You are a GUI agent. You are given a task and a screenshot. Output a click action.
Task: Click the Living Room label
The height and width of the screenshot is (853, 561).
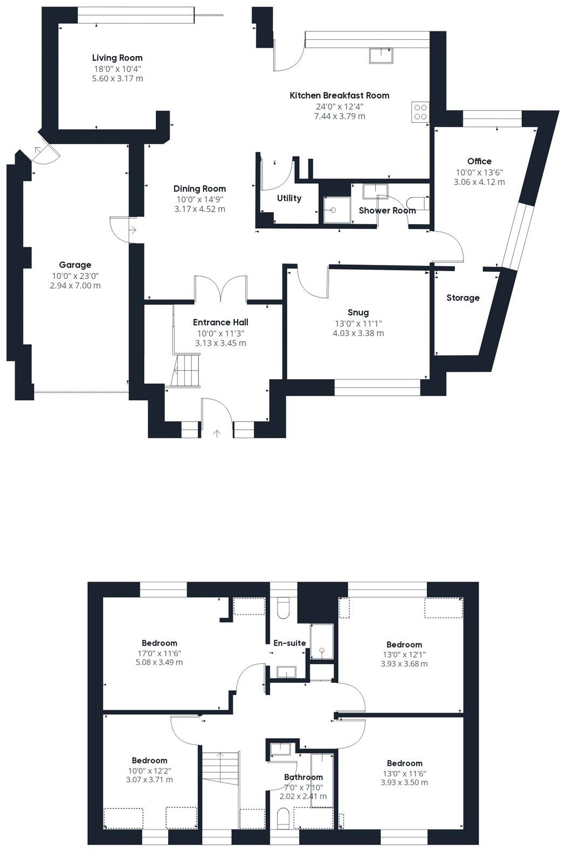117,58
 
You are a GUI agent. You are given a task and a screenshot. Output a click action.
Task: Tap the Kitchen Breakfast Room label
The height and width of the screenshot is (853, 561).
339,96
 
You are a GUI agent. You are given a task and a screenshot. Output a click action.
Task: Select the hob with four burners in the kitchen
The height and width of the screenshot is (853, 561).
420,111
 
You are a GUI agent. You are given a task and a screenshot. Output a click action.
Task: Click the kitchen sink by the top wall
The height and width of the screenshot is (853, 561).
381,55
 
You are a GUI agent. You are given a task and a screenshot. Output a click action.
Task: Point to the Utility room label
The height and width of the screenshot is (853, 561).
289,199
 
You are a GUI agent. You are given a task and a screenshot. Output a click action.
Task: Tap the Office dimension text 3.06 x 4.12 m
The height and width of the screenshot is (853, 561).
479,182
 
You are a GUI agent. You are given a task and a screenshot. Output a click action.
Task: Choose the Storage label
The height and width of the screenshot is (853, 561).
462,298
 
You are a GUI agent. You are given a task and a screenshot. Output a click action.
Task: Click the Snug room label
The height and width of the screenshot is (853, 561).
358,313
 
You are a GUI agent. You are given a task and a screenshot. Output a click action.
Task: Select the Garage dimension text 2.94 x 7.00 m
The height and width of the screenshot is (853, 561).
75,285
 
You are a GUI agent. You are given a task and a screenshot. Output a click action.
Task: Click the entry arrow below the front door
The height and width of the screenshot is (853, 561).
217,434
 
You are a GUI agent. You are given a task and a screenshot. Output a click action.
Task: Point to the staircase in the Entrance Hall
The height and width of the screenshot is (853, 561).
186,370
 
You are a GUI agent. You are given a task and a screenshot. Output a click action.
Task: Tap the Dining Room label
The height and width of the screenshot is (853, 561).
199,189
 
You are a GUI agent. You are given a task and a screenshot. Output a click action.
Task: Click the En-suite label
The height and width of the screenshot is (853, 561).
289,643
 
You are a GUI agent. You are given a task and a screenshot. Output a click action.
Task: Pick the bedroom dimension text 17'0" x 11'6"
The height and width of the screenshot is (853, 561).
159,653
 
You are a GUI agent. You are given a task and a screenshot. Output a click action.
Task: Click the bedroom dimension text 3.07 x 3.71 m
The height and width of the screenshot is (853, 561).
149,780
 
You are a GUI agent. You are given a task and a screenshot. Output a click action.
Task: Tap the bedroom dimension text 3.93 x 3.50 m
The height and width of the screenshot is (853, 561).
404,782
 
